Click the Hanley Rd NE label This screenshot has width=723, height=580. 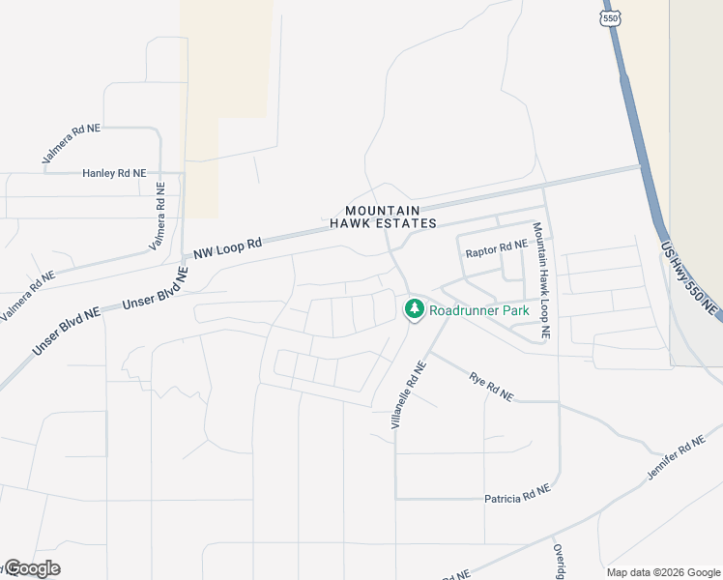[x=114, y=173]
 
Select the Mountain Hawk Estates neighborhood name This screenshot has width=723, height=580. [x=384, y=217]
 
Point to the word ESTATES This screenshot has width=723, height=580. [x=407, y=223]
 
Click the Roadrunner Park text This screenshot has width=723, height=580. [x=479, y=311]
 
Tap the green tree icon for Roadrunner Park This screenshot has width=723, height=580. [x=415, y=309]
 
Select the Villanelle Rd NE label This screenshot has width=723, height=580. [x=407, y=396]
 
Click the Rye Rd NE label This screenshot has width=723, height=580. [x=491, y=387]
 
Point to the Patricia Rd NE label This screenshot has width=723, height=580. [x=517, y=497]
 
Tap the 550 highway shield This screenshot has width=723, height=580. [x=609, y=16]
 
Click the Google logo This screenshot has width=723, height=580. [x=32, y=568]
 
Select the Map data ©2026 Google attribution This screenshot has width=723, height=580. [x=663, y=572]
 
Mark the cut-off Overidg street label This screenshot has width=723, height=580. [x=559, y=561]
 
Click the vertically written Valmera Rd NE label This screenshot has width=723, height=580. [x=158, y=218]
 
